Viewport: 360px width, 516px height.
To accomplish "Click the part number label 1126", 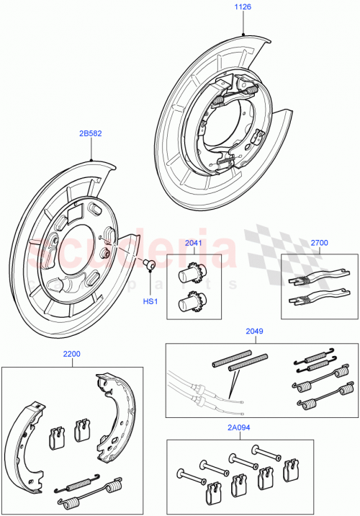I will pos(245,9).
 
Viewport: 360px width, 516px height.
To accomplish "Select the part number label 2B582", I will pos(90,134).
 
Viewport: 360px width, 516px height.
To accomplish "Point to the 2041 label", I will pos(193,243).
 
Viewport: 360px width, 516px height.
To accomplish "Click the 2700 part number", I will pos(319,244).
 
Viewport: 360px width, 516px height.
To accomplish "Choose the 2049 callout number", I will pos(253,332).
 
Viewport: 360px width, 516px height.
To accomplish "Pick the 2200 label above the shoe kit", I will pos(71,355).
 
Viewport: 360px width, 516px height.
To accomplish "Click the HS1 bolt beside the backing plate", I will pos(150,265).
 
